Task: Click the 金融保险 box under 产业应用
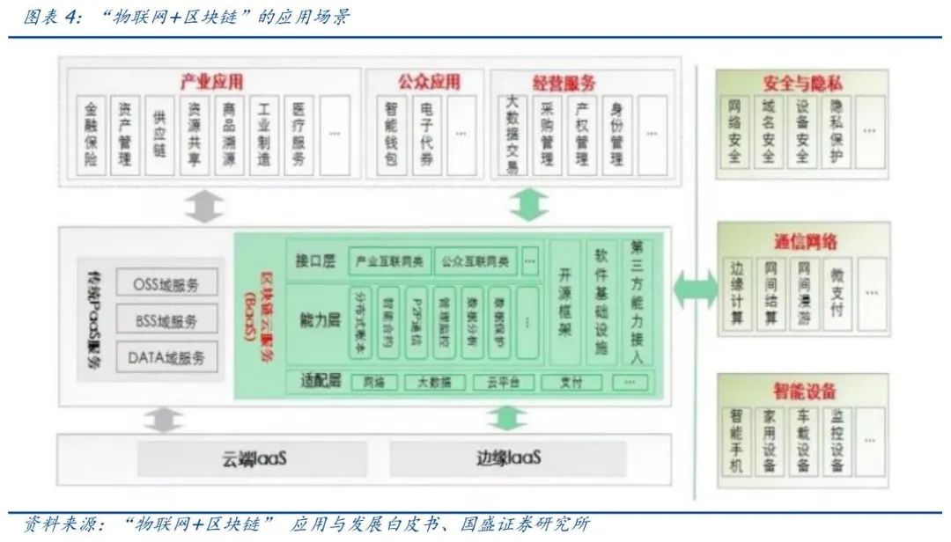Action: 92,134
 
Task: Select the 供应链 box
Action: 159,134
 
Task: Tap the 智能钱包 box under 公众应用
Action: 391,134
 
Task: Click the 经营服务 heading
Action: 564,83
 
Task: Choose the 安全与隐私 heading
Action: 802,84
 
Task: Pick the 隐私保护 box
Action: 837,133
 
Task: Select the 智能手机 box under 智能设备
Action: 736,439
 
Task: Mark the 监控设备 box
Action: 837,439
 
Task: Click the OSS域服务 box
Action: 166,283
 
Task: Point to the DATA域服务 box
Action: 166,357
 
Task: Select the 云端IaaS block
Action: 254,458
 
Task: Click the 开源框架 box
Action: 565,304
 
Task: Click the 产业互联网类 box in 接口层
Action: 389,260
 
